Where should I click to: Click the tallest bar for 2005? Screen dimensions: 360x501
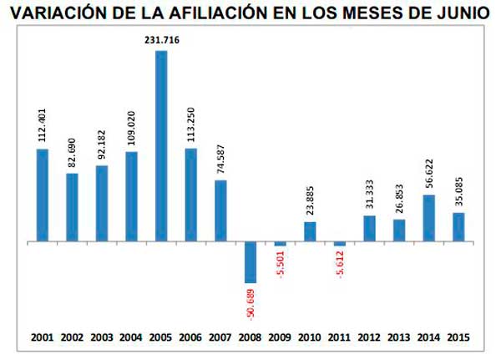161,146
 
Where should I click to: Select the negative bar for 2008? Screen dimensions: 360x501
250,261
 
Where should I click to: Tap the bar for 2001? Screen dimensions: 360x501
43,195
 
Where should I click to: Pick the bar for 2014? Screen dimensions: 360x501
428,218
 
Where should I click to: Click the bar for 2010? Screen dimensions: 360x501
310,231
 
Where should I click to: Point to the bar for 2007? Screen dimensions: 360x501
220,210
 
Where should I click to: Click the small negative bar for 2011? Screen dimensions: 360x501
340,244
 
